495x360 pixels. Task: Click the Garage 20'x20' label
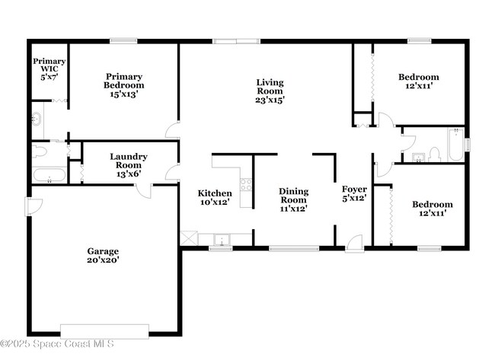pyautogui.click(x=103, y=256)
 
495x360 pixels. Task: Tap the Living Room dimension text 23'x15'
pyautogui.click(x=270, y=100)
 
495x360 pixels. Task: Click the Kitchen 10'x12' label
pyautogui.click(x=215, y=198)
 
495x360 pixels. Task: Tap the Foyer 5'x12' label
pyautogui.click(x=354, y=193)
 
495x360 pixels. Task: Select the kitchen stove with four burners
pyautogui.click(x=246, y=185)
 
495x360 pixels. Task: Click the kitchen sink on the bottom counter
pyautogui.click(x=222, y=240)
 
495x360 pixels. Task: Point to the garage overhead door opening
pyautogui.click(x=104, y=331)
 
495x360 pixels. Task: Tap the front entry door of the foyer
pyautogui.click(x=354, y=244)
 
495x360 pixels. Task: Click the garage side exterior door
pyautogui.click(x=34, y=207)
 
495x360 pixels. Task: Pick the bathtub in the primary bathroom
pyautogui.click(x=49, y=175)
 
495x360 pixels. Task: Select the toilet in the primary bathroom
pyautogui.click(x=39, y=151)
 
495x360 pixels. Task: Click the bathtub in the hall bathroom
pyautogui.click(x=456, y=144)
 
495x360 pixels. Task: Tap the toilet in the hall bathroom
pyautogui.click(x=434, y=155)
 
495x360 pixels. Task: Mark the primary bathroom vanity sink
pyautogui.click(x=37, y=119)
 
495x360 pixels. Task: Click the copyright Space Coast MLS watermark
pyautogui.click(x=57, y=343)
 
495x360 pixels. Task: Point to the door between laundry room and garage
pyautogui.click(x=144, y=191)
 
